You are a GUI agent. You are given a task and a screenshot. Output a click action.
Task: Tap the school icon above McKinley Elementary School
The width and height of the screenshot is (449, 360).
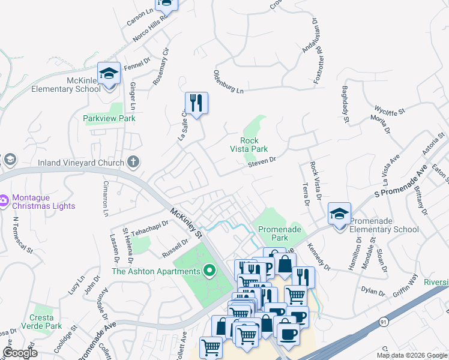pos(109,74)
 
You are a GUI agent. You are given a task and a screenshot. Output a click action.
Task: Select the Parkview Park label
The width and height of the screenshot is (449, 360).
pos(109,118)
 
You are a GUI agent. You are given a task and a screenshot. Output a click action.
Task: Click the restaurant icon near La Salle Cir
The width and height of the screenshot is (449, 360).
pos(196,103)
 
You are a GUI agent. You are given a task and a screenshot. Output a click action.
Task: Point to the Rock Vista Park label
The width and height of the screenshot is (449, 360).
pos(249,145)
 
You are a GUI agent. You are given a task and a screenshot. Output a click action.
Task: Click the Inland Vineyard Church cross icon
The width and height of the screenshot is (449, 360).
pos(133,162)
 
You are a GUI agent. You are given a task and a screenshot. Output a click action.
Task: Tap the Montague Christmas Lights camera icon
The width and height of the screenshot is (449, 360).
pos(3,199)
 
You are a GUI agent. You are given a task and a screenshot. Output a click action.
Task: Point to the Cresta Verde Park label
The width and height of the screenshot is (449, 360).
pos(46,322)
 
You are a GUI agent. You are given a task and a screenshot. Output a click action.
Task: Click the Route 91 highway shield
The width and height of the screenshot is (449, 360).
pos(384,322)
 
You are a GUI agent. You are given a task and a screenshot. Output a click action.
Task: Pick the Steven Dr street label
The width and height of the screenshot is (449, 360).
pos(263,160)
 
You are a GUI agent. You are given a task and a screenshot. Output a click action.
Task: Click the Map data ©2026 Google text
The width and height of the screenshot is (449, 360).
pos(411,355)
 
